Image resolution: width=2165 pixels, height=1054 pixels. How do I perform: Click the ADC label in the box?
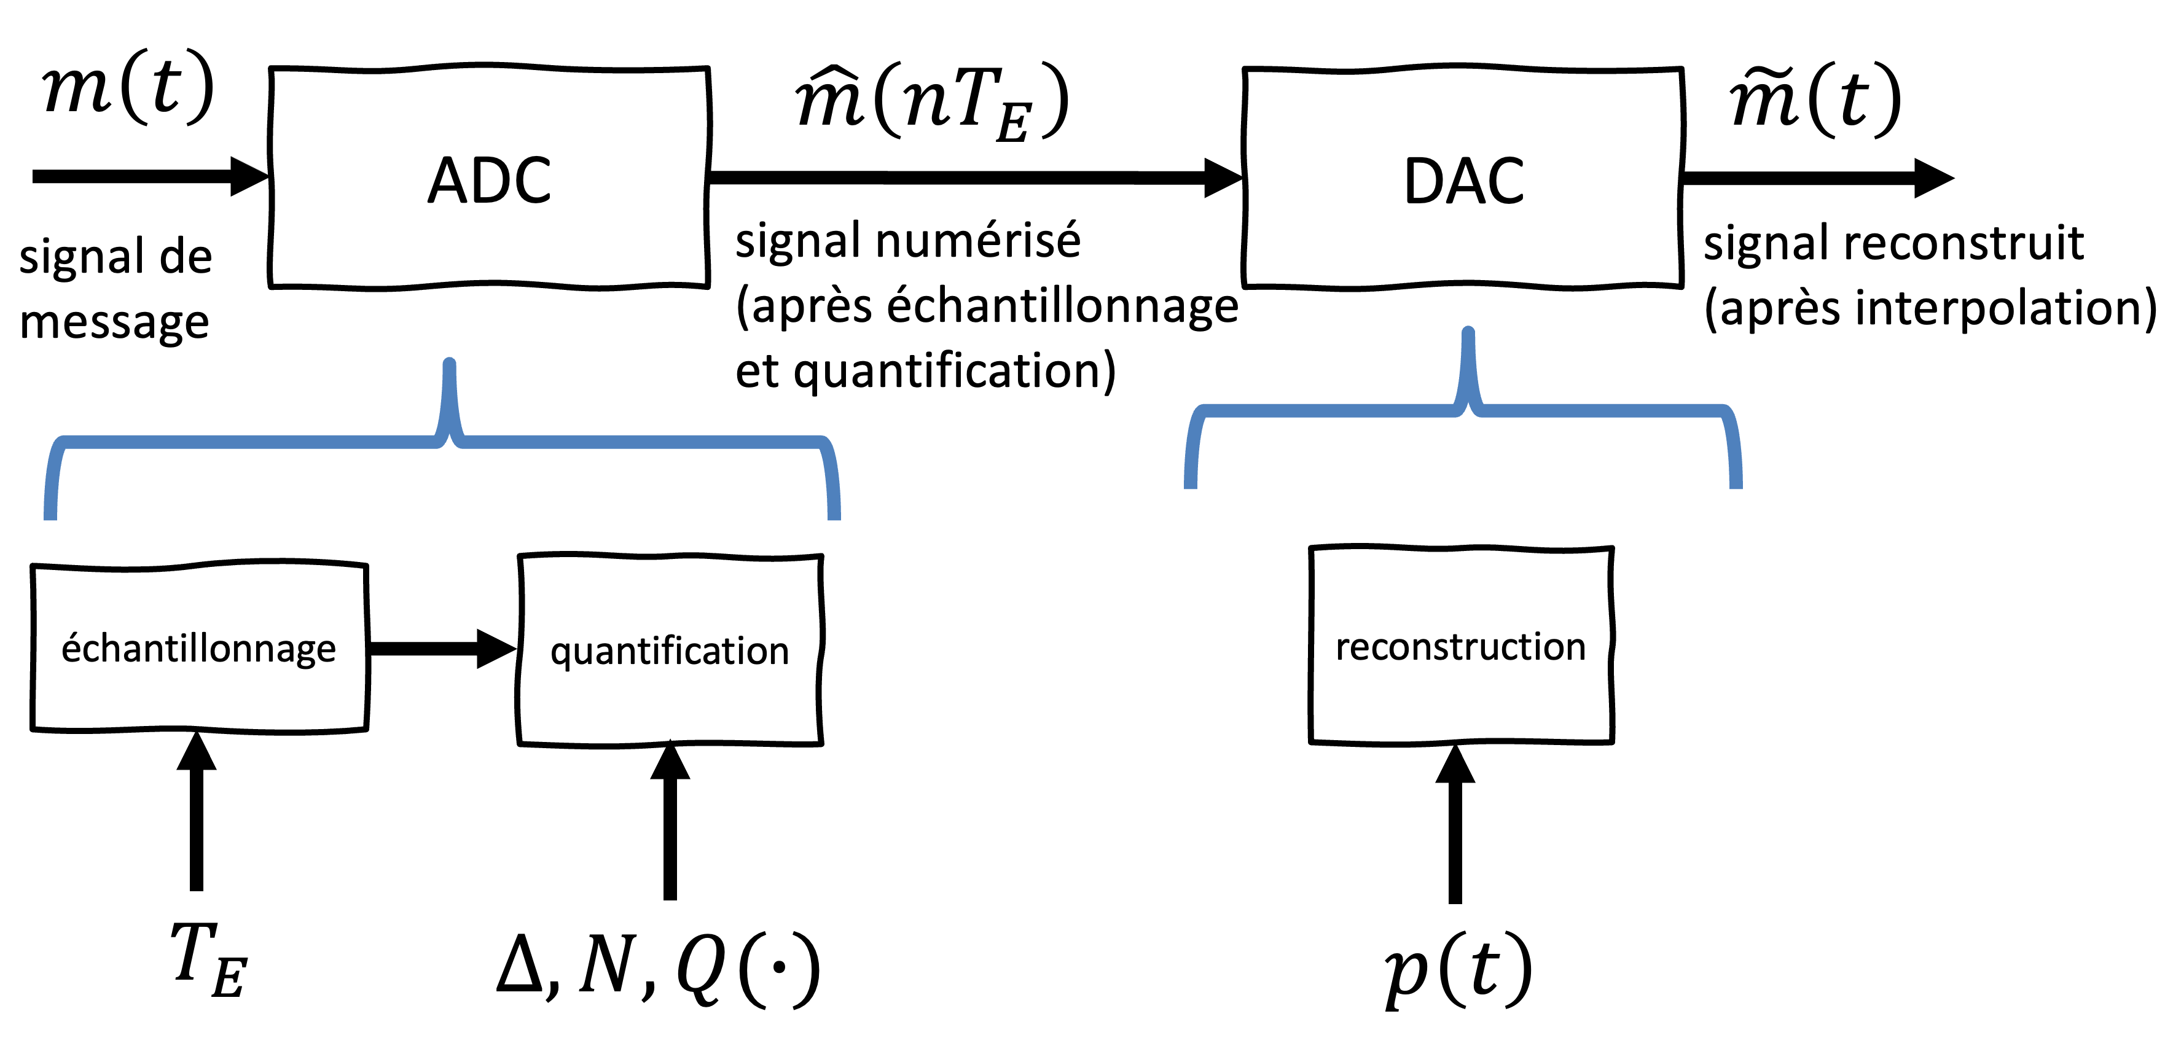tap(489, 181)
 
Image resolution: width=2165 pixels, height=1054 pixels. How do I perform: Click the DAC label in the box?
tap(1463, 182)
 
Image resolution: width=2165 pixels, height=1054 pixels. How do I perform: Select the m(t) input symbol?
tap(128, 86)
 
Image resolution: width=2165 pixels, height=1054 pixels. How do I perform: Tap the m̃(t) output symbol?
tap(1815, 99)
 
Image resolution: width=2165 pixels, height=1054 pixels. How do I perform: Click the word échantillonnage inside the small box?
tap(198, 649)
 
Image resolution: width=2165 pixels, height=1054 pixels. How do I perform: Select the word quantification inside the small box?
tap(670, 652)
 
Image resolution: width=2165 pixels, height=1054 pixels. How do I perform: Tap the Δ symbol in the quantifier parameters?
tap(519, 964)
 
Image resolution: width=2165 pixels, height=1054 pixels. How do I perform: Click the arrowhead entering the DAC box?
tap(1223, 178)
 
